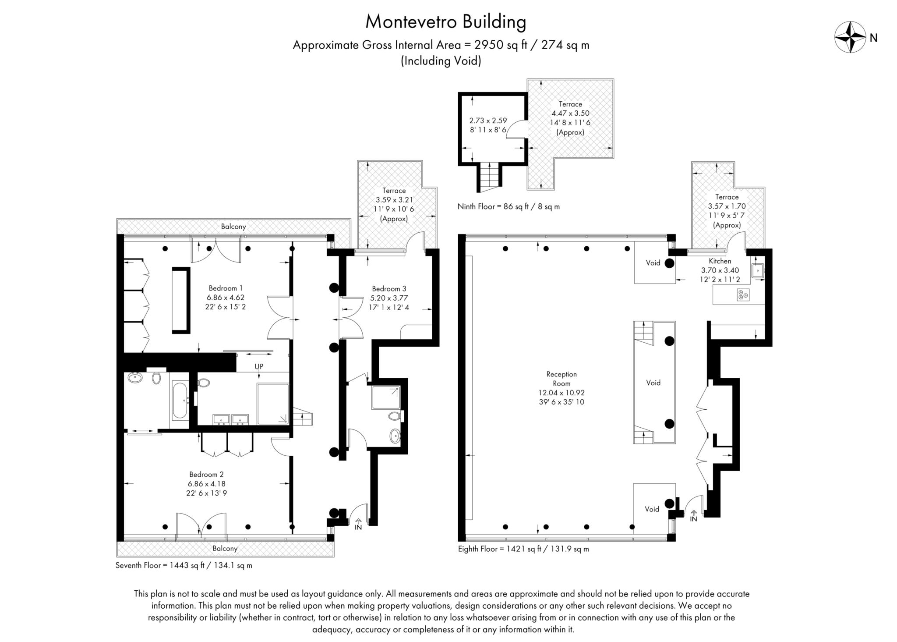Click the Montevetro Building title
click(x=445, y=22)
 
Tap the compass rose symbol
click(x=850, y=37)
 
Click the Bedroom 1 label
click(x=225, y=288)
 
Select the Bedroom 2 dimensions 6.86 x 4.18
click(x=206, y=484)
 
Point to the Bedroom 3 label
click(x=389, y=288)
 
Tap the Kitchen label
click(x=720, y=261)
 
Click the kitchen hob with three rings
click(x=743, y=295)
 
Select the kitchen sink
click(x=757, y=271)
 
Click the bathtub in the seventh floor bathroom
click(x=180, y=400)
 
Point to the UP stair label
click(x=259, y=366)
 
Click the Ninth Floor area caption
click(x=508, y=206)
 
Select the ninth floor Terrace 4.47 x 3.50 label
click(x=570, y=113)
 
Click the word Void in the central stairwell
click(x=653, y=383)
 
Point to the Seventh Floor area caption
click(x=184, y=565)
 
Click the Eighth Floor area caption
click(x=523, y=549)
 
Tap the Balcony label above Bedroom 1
click(x=233, y=227)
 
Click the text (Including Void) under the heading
click(x=441, y=61)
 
